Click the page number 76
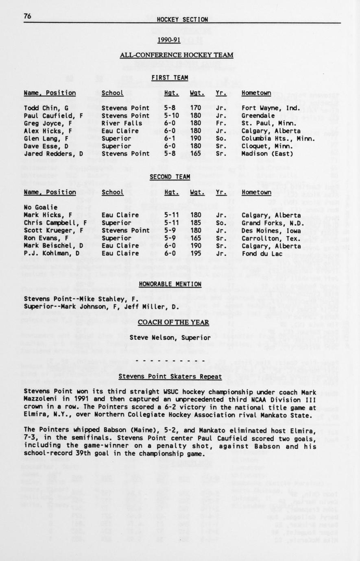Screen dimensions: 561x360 point(28,16)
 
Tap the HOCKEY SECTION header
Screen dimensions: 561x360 point(182,20)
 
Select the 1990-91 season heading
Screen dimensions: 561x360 point(169,40)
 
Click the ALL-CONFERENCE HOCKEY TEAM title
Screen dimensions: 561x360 point(177,55)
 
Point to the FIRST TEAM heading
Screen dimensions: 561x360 point(170,78)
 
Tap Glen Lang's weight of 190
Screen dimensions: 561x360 point(196,138)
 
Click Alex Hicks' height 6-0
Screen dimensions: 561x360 point(170,131)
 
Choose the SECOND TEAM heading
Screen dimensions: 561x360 point(170,177)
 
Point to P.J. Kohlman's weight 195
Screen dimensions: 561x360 point(196,253)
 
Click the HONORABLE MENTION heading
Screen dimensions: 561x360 point(170,284)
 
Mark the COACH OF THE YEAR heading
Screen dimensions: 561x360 point(173,322)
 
